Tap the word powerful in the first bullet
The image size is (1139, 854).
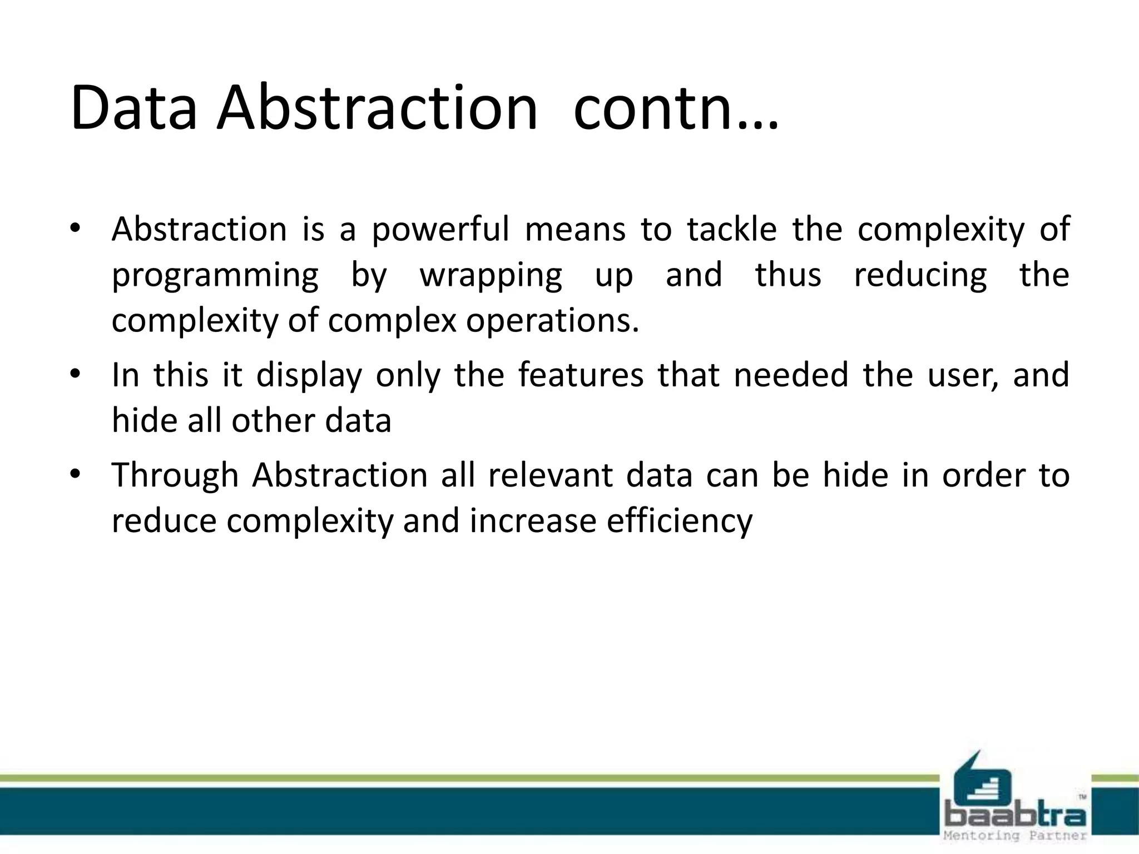point(440,230)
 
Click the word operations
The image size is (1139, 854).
point(552,321)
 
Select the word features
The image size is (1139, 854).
point(581,374)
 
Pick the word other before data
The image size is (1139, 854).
point(273,420)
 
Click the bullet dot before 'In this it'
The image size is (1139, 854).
point(76,374)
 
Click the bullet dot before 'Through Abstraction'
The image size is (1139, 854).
point(76,474)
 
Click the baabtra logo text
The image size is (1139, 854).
point(1015,816)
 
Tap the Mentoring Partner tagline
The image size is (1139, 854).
point(1015,836)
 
